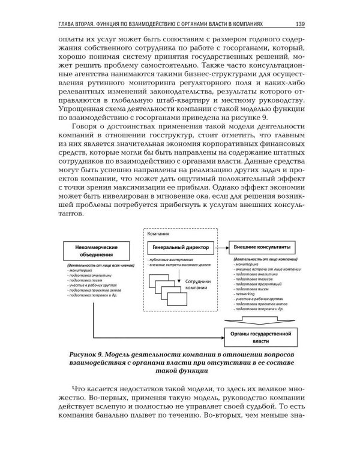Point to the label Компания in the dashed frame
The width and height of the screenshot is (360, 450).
[x=158, y=234]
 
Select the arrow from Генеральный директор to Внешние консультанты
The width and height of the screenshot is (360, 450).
[x=219, y=247]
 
